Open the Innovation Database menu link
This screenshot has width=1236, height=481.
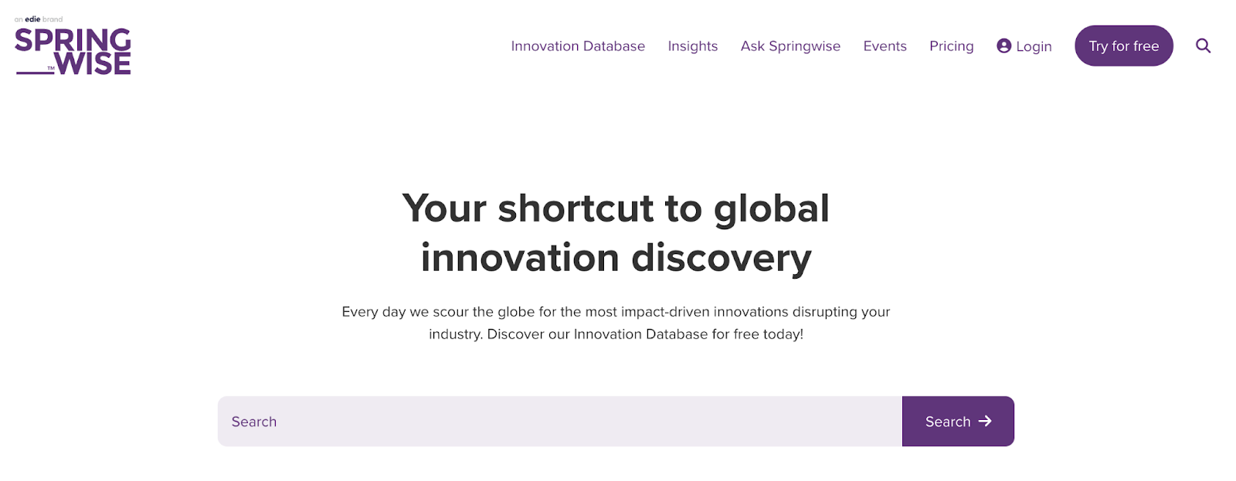(578, 46)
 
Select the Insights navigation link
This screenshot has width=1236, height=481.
(692, 46)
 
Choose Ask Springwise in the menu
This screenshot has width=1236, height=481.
(790, 46)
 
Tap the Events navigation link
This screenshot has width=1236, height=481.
(885, 46)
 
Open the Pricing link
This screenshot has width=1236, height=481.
(951, 46)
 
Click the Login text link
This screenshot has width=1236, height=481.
(1034, 47)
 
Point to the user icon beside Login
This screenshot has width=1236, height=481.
(1004, 46)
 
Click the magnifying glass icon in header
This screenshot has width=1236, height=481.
(1204, 46)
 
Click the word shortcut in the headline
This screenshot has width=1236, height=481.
(576, 208)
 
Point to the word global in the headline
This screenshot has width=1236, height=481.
(772, 209)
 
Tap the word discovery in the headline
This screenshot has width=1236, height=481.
(722, 259)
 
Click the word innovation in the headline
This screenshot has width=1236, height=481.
(520, 258)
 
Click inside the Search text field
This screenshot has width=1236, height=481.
(560, 422)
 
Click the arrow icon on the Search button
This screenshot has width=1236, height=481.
(985, 422)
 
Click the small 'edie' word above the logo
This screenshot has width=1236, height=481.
(32, 19)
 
